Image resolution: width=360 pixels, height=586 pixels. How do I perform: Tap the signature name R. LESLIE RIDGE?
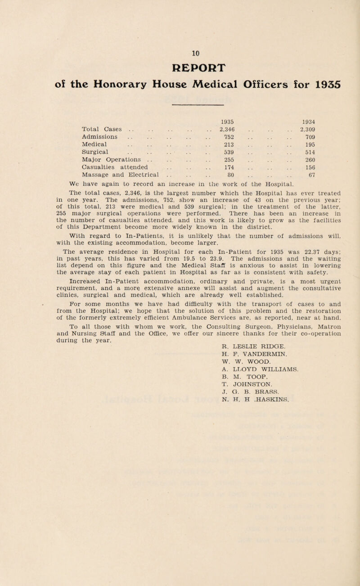pyautogui.click(x=246, y=364)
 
